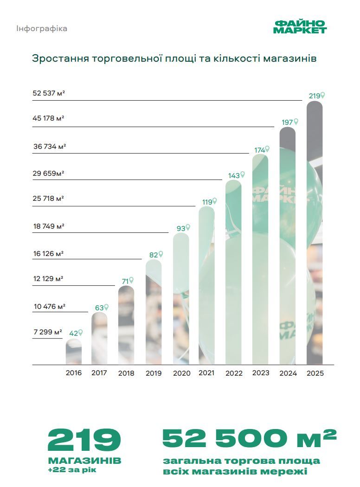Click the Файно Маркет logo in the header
300,27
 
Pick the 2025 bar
315,232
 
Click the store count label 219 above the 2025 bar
314,96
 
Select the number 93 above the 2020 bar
180,228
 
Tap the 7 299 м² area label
47,333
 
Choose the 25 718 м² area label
48,199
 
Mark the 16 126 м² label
48,254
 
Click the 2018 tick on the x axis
126,373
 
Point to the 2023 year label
260,373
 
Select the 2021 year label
206,373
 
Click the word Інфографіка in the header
42,29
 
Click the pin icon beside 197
296,122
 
